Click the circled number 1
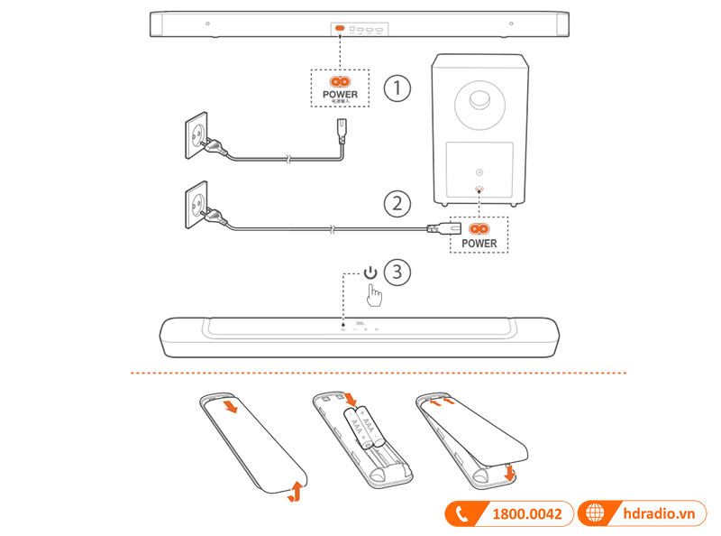[397, 89]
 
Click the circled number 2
[397, 203]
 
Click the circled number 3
[397, 271]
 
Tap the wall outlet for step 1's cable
[199, 135]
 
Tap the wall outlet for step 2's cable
[198, 208]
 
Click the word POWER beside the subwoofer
[479, 244]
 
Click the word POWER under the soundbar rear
[340, 94]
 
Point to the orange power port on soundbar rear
[340, 29]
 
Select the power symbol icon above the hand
[371, 272]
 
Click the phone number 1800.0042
[526, 514]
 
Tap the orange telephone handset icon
[463, 514]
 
